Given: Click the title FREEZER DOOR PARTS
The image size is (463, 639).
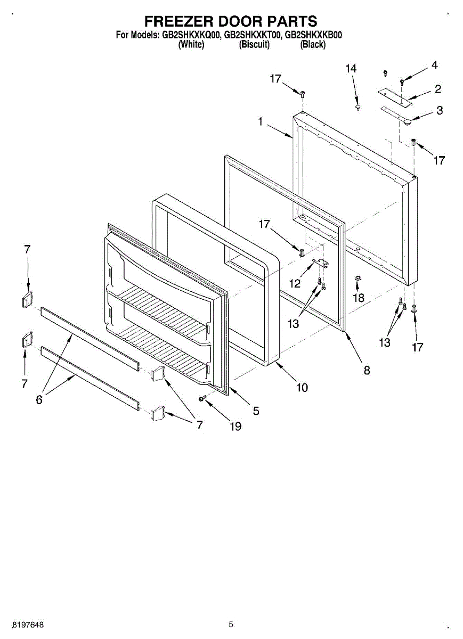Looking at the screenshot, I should click(231, 21).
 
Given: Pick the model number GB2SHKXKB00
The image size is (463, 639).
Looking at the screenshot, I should click(314, 36).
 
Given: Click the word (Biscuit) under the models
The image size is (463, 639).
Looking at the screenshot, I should click(254, 45).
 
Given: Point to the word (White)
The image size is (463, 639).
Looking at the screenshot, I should click(191, 45).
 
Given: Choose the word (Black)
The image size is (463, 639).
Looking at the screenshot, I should click(313, 45).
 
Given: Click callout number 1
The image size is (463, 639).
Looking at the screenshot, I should click(261, 121).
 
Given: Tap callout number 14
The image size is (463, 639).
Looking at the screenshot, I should click(351, 69).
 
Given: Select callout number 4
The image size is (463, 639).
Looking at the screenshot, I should click(434, 65).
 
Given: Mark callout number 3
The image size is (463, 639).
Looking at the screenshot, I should click(439, 111).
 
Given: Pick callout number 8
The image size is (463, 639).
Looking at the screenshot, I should click(367, 370).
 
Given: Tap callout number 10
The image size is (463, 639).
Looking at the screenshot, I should click(302, 388).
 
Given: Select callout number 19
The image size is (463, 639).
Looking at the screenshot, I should click(235, 426).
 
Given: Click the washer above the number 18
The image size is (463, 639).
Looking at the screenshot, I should click(358, 278).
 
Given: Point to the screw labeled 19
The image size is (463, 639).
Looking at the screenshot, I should click(202, 398).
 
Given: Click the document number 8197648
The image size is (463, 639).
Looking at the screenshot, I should click(29, 624).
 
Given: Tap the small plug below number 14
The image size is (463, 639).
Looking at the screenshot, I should click(359, 108).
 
